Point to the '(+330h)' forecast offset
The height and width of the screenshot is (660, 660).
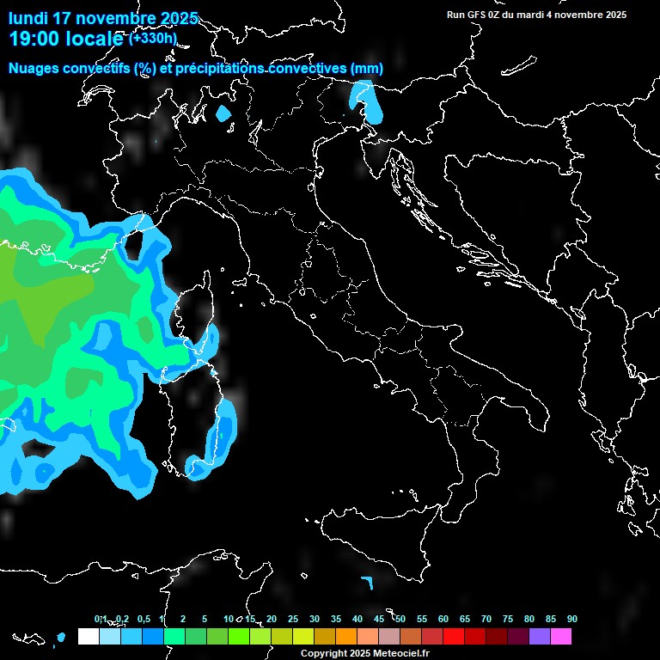click(x=154, y=38)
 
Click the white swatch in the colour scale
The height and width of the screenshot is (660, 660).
click(x=89, y=637)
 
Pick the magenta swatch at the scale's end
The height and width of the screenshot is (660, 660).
click(x=561, y=637)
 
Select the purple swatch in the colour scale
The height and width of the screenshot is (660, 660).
click(x=540, y=637)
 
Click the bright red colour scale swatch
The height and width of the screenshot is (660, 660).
click(x=454, y=637)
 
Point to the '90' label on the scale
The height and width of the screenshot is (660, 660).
click(x=572, y=619)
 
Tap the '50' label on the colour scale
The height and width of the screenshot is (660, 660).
click(x=400, y=619)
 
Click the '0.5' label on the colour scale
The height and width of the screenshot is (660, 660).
click(x=143, y=619)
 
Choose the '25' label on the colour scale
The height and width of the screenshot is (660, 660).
click(x=293, y=619)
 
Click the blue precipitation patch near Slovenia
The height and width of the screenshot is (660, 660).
click(x=367, y=99)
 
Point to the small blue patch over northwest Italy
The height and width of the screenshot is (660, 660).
click(x=224, y=113)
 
